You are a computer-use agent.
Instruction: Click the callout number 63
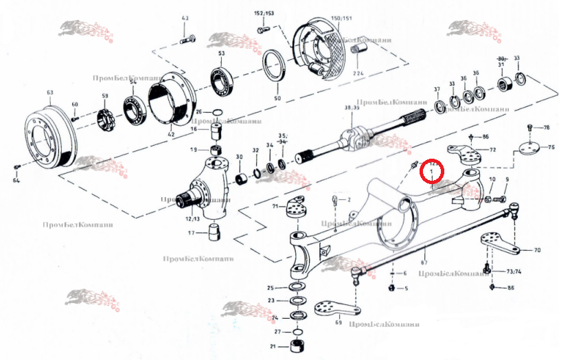pyautogui.click(x=49, y=91)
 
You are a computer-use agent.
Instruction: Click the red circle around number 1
pyautogui.click(x=432, y=171)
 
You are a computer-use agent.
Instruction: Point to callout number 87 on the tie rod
pyautogui.click(x=424, y=262)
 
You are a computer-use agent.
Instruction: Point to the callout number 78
pyautogui.click(x=546, y=128)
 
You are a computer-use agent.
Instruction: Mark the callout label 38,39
pyautogui.click(x=352, y=109)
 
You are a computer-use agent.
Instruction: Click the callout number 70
pyautogui.click(x=538, y=250)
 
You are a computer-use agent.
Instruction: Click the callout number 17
pyautogui.click(x=193, y=233)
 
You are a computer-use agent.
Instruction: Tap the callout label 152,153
pyautogui.click(x=264, y=14)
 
